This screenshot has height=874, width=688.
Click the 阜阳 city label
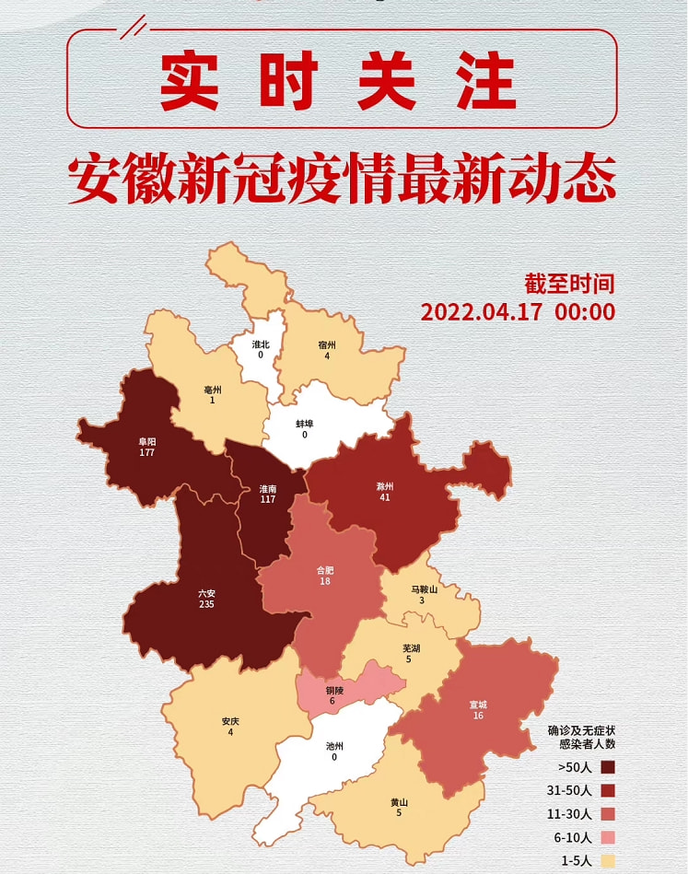click(147, 441)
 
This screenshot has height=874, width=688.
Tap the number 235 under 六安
click(206, 604)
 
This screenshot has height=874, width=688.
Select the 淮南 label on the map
click(268, 488)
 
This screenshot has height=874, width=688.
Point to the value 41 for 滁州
click(385, 497)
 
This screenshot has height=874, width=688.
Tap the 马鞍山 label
click(422, 589)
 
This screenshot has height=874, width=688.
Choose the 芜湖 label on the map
click(412, 648)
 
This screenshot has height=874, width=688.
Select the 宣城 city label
click(478, 705)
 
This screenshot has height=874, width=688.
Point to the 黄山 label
click(400, 802)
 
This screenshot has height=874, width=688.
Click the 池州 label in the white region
click(334, 746)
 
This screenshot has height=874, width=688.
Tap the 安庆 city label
click(230, 721)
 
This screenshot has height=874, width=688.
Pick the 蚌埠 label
click(305, 424)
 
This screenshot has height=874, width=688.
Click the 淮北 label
click(261, 344)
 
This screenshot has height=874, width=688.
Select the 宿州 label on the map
click(327, 344)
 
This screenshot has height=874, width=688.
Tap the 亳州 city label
click(213, 390)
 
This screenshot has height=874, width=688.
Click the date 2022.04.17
click(482, 311)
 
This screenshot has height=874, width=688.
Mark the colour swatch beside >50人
click(608, 766)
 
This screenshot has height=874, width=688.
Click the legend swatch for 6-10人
click(608, 838)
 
